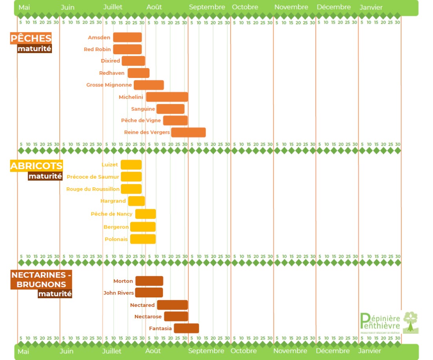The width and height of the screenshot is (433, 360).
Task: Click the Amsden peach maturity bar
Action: [127, 37]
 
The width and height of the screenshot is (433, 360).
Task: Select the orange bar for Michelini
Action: [167, 97]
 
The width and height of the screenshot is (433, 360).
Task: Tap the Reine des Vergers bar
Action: [188, 133]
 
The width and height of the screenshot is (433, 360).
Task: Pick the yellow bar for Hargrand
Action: [136, 201]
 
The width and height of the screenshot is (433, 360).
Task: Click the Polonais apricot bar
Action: [143, 239]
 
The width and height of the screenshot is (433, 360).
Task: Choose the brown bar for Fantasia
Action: [186, 328]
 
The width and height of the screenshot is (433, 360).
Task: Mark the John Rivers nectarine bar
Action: [149, 292]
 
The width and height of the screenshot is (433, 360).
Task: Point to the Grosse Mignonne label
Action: [109, 85]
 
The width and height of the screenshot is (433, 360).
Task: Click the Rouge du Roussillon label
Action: [93, 189]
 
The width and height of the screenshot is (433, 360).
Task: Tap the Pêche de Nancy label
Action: [112, 214]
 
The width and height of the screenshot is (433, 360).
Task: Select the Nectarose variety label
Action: [148, 317]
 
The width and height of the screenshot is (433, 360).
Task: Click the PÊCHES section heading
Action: [31, 39]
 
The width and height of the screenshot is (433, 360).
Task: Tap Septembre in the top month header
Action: [207, 7]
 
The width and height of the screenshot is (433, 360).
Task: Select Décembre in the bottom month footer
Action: [333, 351]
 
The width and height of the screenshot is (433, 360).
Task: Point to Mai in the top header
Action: [24, 7]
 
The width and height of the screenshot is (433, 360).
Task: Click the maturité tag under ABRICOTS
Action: [45, 176]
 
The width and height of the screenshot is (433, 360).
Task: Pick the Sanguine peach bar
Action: [170, 109]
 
